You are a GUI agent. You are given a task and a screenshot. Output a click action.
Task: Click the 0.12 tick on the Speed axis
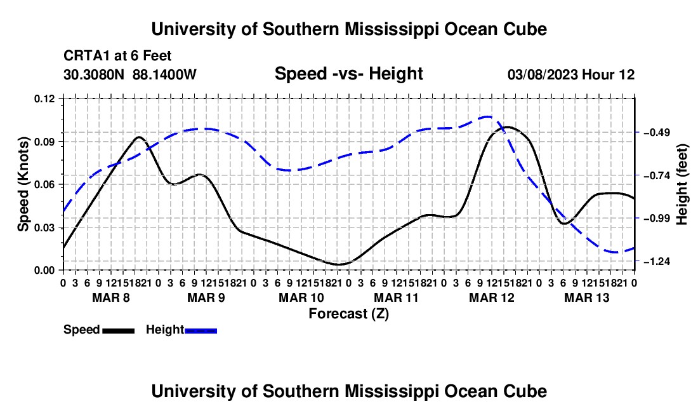pos(44,99)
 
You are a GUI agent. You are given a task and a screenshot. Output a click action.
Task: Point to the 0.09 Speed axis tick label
pos(44,142)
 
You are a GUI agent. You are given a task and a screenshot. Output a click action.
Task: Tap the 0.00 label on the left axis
pos(44,271)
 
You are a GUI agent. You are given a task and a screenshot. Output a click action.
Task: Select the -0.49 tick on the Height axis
pos(657,133)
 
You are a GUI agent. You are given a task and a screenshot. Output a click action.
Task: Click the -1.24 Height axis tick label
pos(657,262)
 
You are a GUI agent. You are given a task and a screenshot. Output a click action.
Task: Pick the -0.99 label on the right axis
pos(657,219)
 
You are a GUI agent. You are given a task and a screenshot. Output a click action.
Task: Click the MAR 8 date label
pos(111,297)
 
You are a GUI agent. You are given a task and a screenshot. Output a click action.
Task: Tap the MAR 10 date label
pos(301,297)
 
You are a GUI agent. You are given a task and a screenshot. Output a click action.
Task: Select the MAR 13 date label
pos(587,297)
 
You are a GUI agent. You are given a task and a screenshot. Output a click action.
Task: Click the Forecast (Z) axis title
pos(349,314)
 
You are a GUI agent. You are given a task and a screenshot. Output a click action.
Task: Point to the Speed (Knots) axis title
pos(23,184)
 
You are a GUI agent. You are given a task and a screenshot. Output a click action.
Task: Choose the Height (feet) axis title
pos(682,184)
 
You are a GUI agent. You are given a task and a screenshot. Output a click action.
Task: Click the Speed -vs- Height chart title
pos(348,74)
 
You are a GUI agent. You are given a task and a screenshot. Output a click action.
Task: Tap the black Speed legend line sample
pos(119,331)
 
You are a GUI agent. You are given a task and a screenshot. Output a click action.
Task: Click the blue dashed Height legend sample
pos(201,331)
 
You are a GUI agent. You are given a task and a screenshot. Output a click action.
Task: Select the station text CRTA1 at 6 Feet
pos(117,56)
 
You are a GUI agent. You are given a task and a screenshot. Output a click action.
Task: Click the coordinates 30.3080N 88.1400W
pos(130,74)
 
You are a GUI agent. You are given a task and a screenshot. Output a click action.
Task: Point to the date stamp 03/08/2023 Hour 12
pos(571,74)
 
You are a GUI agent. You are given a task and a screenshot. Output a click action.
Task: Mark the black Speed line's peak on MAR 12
pos(507,127)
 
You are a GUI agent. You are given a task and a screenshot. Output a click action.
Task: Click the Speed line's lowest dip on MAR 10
pos(338,265)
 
